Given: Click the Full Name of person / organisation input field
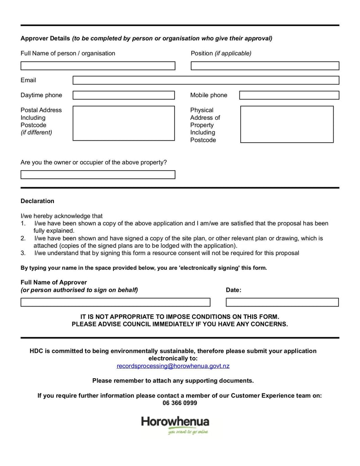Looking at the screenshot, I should pyautogui.click(x=98, y=66).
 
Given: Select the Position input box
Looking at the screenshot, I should pyautogui.click(x=265, y=66).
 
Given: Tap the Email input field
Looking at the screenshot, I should pyautogui.click(x=206, y=80).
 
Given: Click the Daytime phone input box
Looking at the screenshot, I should pyautogui.click(x=123, y=95).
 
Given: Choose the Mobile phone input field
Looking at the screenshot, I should pyautogui.click(x=289, y=95).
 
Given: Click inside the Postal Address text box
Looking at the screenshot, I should pyautogui.click(x=123, y=123).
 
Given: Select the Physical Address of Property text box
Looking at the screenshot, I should pyautogui.click(x=287, y=124).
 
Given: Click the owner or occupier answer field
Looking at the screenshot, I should pyautogui.click(x=98, y=175).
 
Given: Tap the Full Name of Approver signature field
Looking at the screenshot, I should pyautogui.click(x=115, y=302).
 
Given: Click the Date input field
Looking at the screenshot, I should pyautogui.click(x=282, y=302).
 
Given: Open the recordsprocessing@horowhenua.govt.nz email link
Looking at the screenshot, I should pyautogui.click(x=173, y=366).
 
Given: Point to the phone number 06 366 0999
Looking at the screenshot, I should pyautogui.click(x=180, y=403).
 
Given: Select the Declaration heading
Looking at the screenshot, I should pyautogui.click(x=37, y=201).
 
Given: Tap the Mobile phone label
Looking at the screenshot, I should pyautogui.click(x=208, y=95).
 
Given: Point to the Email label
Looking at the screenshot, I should pyautogui.click(x=28, y=80).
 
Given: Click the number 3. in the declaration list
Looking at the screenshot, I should pyautogui.click(x=23, y=253).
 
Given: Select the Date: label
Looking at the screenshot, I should pyautogui.click(x=233, y=290).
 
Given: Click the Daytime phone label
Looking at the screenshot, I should pyautogui.click(x=41, y=95).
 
